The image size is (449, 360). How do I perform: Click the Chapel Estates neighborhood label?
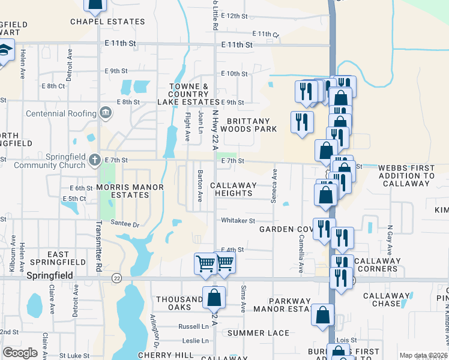(x=107, y=22)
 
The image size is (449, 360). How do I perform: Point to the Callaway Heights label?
(x=234, y=190)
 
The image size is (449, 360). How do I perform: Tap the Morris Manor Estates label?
(x=130, y=191)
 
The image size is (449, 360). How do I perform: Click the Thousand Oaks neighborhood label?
(x=180, y=303)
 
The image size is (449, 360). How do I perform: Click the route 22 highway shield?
(x=116, y=278)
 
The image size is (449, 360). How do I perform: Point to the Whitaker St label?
(x=238, y=221)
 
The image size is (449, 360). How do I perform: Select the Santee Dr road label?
(x=125, y=224)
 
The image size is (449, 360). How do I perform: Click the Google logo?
(x=20, y=353)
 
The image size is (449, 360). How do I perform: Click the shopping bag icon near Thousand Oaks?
(x=214, y=296)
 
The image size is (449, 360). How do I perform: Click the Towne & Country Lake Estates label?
(x=188, y=94)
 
